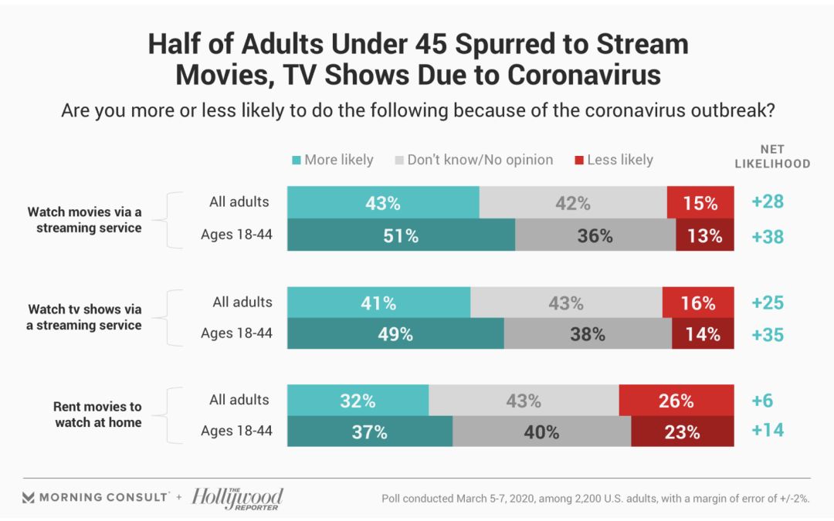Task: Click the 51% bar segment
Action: [x=401, y=235]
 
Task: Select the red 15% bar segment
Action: [x=700, y=203]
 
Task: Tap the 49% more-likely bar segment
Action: [x=395, y=333]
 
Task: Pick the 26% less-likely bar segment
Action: [x=676, y=401]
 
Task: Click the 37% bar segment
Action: [x=369, y=432]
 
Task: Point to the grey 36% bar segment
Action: [x=595, y=235]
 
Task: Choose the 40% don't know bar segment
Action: [x=541, y=432]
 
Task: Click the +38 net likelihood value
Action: [x=768, y=235]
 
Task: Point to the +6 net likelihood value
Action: [x=761, y=401]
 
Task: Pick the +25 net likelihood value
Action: [x=768, y=303]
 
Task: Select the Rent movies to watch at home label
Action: [x=97, y=414]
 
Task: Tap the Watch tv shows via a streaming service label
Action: [x=84, y=317]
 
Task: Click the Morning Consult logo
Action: [x=95, y=497]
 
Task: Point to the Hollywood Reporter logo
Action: [x=237, y=498]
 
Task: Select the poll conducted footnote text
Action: [x=595, y=498]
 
